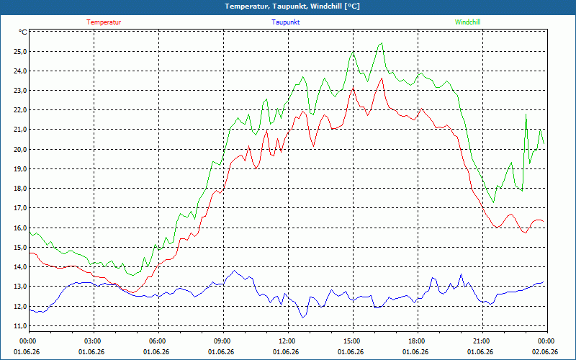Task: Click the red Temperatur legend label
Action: point(104,22)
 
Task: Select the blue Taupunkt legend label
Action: point(285,22)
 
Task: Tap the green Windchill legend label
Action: point(467,22)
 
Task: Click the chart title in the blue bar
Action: point(292,6)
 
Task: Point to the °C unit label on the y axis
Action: point(23,32)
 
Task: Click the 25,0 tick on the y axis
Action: point(20,51)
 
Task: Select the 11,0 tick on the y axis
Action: point(20,326)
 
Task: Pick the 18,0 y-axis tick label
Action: point(20,189)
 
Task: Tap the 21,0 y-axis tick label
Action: point(20,130)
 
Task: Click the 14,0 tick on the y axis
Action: point(20,267)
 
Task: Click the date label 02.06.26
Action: point(545,352)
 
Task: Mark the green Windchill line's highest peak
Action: point(382,43)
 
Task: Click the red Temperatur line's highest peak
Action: point(382,78)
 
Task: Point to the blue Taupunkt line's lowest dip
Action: point(302,318)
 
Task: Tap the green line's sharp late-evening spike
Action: point(526,114)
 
